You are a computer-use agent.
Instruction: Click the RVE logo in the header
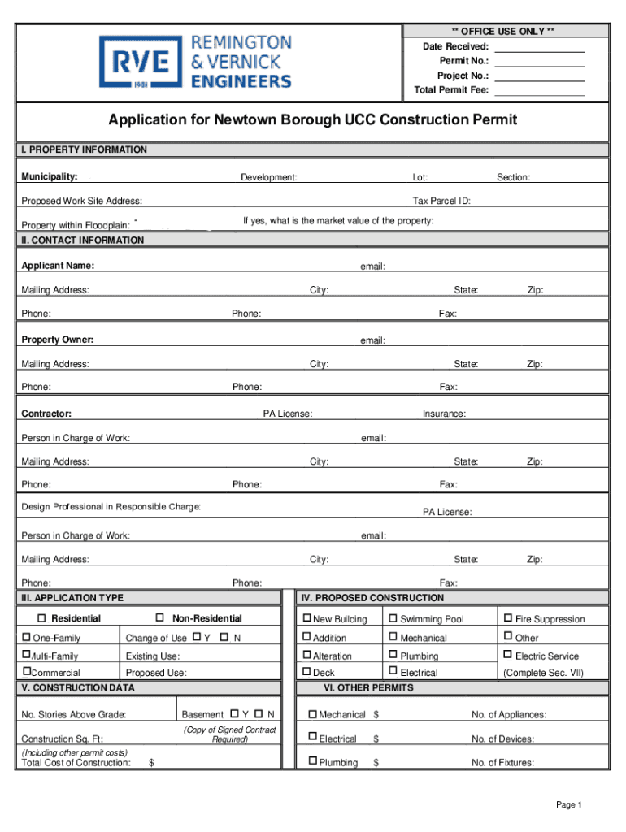(x=135, y=63)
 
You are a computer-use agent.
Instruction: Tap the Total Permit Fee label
(x=451, y=90)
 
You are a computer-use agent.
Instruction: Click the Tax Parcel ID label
(x=441, y=201)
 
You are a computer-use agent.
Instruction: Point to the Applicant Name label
(x=58, y=266)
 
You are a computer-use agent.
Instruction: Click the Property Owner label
(x=58, y=340)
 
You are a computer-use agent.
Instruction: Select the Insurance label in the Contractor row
(x=444, y=414)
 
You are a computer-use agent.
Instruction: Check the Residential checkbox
(x=43, y=618)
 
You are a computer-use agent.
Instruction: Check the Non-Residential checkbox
(x=159, y=618)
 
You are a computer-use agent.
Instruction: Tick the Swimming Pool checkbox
(x=393, y=618)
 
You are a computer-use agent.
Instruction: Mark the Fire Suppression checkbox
(x=508, y=618)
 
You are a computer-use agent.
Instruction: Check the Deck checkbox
(x=306, y=672)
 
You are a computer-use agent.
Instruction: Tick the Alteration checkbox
(x=306, y=655)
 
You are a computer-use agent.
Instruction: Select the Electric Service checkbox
(x=508, y=655)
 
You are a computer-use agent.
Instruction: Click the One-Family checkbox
(x=26, y=637)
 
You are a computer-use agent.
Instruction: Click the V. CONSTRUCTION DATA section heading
(x=78, y=688)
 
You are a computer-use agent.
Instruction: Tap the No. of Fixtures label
(x=502, y=763)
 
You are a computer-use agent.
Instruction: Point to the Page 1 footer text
(x=569, y=805)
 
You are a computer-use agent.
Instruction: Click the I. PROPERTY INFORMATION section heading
(x=85, y=149)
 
